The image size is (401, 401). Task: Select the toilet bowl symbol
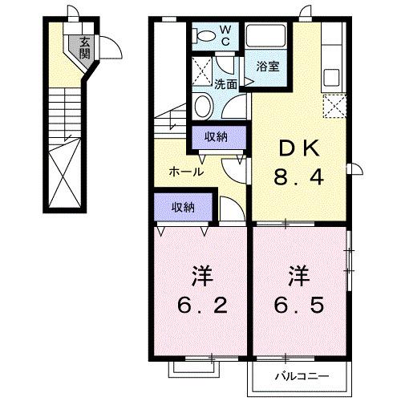point(206,34)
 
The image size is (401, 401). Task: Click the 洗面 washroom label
point(225,83)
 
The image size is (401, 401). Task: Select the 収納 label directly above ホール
point(216,137)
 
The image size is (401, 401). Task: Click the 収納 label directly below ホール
point(183,206)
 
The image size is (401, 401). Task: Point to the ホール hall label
point(185,172)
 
